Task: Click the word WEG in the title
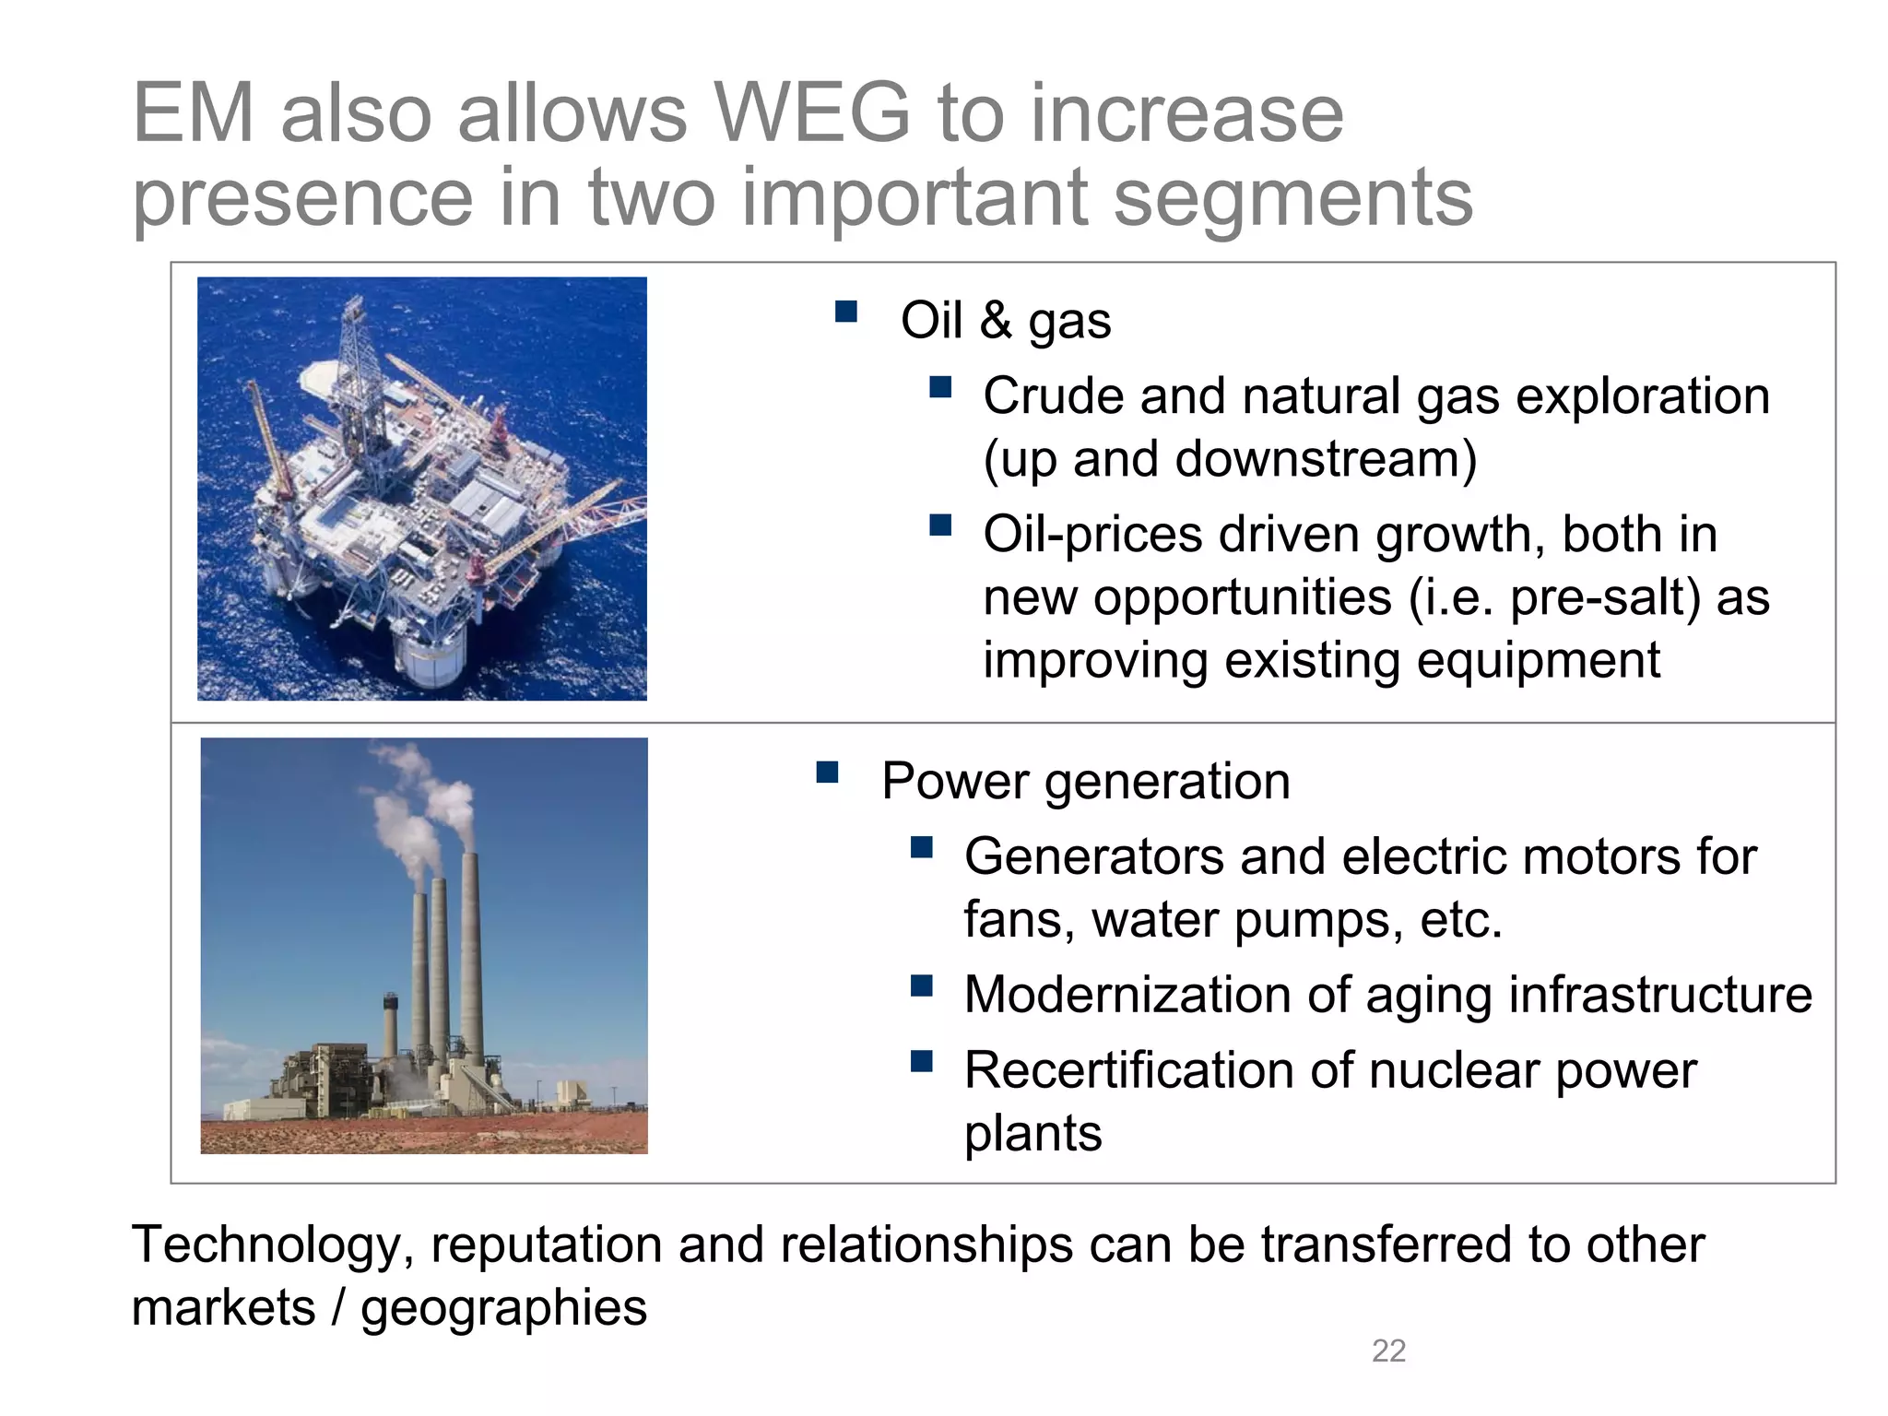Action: (812, 113)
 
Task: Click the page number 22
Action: (1388, 1351)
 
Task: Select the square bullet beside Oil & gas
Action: (846, 312)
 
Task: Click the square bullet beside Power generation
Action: (827, 772)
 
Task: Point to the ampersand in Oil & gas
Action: (996, 320)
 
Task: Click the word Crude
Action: (1053, 396)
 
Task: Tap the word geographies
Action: (503, 1308)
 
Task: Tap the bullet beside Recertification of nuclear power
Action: (921, 1062)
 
